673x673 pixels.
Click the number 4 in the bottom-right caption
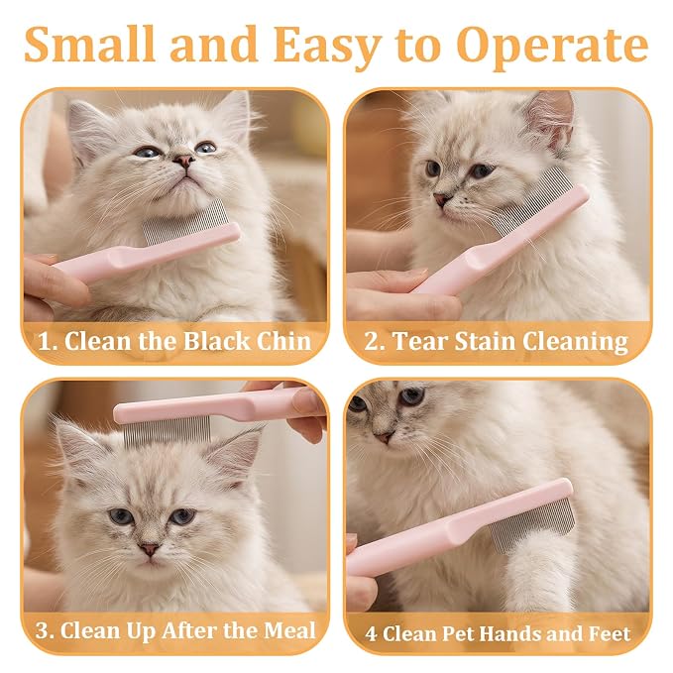(371, 634)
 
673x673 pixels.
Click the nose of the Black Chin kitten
(184, 161)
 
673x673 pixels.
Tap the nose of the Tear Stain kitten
(442, 199)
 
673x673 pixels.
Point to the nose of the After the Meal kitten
(150, 549)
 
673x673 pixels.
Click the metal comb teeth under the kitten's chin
(184, 224)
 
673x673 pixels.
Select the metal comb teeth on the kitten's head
(168, 430)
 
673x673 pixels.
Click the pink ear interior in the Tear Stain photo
(554, 120)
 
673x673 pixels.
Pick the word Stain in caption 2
(484, 341)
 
